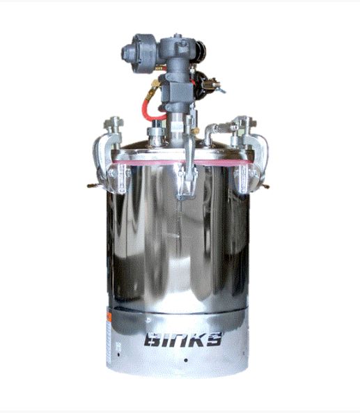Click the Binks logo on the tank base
pos(178,342)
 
